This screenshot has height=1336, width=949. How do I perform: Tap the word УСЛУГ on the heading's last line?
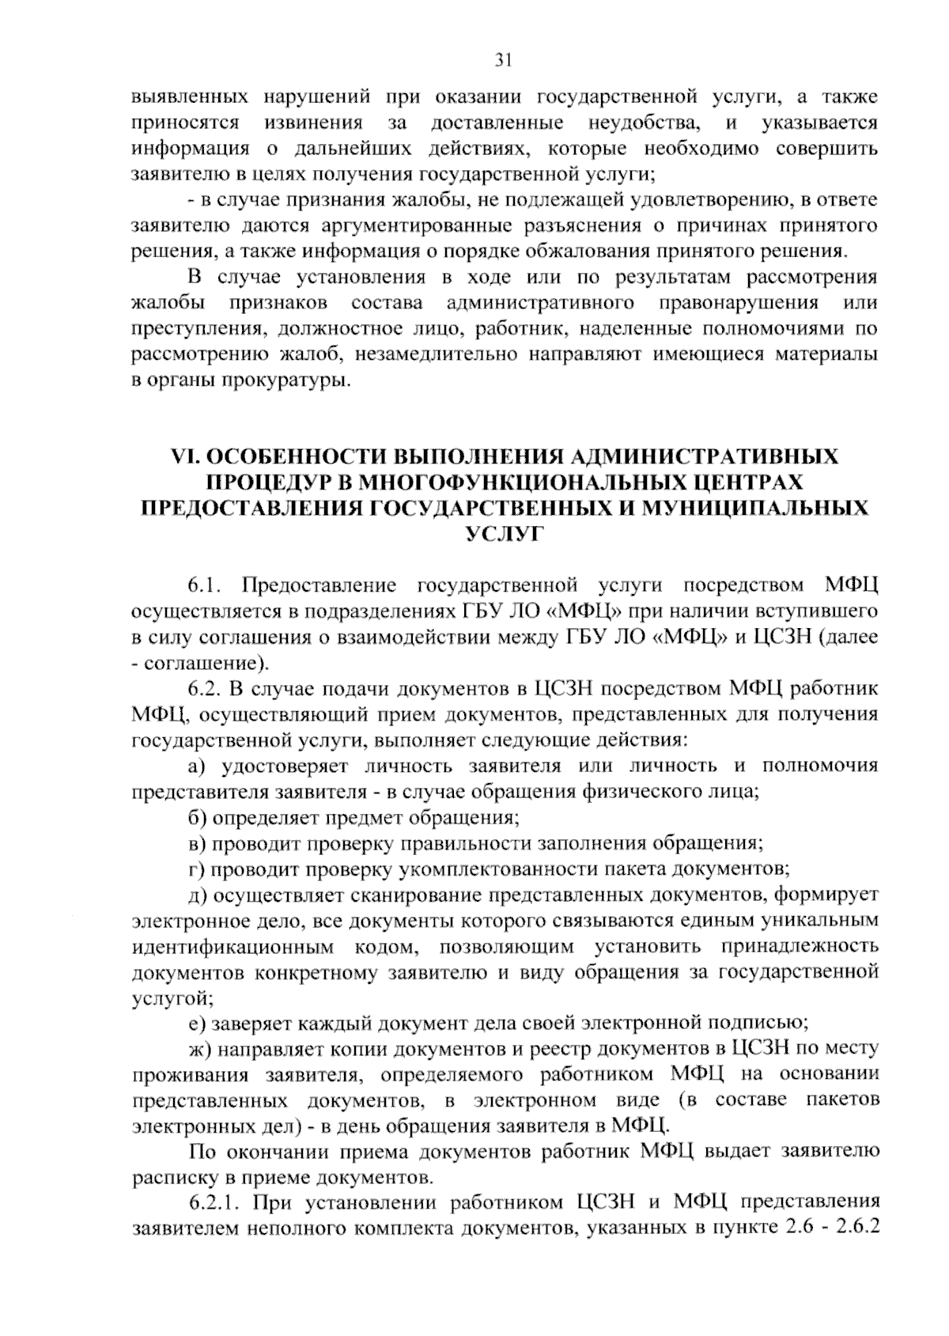(503, 534)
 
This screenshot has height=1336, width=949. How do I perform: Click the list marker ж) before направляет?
(198, 1049)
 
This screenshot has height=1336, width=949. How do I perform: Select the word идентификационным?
(236, 946)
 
